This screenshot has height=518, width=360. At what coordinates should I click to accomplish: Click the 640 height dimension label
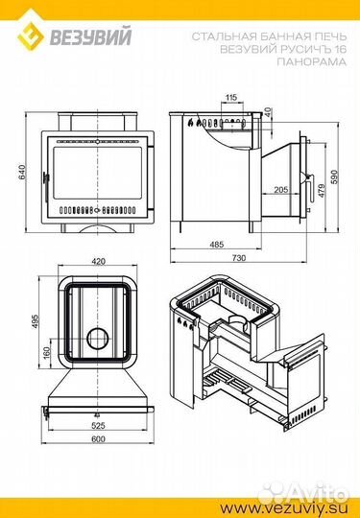(x=22, y=172)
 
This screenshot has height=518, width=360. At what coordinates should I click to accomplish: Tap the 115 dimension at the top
(x=231, y=98)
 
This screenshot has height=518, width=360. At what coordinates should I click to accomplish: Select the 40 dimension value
(x=268, y=112)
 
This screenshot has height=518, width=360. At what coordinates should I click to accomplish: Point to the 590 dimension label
(x=334, y=177)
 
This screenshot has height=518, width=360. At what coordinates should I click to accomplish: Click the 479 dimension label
(x=322, y=191)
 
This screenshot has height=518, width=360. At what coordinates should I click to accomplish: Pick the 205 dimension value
(x=281, y=190)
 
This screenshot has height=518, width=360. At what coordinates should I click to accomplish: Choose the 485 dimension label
(x=217, y=245)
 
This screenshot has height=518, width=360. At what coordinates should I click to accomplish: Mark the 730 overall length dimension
(x=239, y=258)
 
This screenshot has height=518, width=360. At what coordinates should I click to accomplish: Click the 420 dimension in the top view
(x=98, y=262)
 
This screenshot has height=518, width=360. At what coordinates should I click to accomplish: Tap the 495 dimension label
(x=36, y=321)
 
